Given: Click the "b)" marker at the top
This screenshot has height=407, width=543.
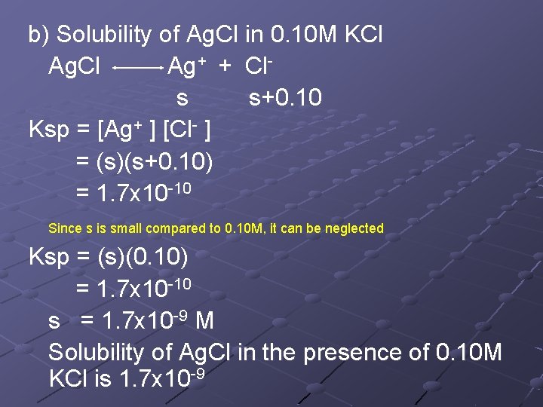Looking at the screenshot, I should click(38, 35).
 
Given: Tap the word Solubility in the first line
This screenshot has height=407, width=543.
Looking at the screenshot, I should click(104, 35).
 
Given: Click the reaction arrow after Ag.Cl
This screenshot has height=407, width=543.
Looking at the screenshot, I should click(137, 68).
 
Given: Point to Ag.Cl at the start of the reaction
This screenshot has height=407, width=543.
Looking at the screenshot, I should click(74, 66).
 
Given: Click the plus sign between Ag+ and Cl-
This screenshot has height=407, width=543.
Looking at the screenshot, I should click(224, 66).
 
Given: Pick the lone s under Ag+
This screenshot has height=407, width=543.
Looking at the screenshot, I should click(182, 98).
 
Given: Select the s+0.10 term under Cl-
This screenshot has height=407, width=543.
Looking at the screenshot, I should click(285, 98).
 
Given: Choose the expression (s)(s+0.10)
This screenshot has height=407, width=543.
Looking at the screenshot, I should click(144, 162).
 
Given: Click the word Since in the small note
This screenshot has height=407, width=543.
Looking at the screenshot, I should click(63, 228).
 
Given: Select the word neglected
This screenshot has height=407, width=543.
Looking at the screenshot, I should click(354, 228).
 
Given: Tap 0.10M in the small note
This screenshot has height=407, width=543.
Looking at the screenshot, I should click(242, 228).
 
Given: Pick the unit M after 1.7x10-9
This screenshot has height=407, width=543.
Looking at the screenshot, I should click(204, 321).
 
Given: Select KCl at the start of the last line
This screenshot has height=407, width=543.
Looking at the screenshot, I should click(69, 379).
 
